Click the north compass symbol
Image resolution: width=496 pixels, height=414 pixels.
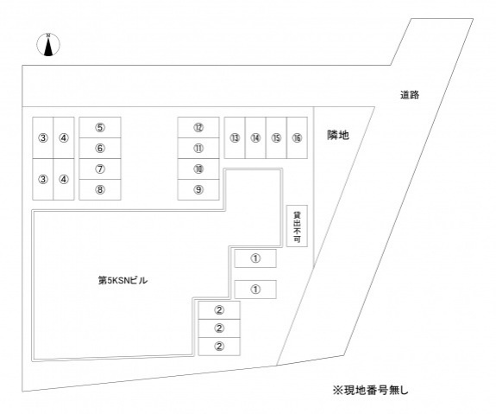48,45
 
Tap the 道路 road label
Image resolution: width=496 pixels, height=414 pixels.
410,95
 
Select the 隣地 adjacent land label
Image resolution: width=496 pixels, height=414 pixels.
338,135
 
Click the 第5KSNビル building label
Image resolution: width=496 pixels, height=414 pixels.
122,281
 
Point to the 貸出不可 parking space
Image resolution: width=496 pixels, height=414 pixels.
297,226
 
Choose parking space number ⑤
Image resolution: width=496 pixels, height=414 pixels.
100,127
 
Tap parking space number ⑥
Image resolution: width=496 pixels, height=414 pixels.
100,148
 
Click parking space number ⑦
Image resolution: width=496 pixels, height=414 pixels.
100,169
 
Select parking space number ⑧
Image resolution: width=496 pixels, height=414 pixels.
100,189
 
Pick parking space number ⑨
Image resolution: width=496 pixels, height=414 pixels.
198,189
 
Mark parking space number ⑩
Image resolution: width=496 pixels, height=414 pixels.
198,169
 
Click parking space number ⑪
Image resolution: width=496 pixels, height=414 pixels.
198,148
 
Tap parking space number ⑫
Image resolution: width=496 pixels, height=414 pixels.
198,127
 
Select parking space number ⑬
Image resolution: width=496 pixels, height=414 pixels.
235,138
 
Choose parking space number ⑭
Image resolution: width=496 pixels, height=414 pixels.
255,138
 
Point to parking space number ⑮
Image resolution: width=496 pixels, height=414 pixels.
277,138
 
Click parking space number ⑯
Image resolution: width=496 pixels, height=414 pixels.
297,138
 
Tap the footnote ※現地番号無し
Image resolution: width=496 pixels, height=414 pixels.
370,390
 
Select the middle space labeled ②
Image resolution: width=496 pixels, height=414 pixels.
219,328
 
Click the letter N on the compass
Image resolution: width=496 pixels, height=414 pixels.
48,35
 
